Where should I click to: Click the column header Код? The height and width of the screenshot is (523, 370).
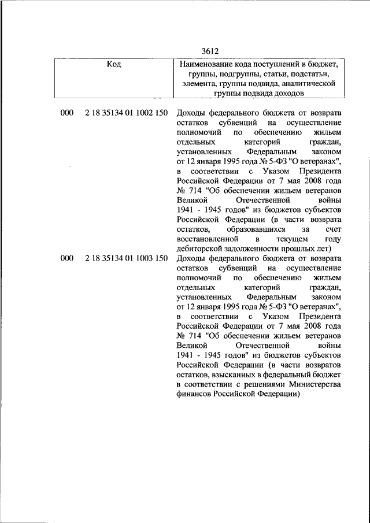(x=114, y=64)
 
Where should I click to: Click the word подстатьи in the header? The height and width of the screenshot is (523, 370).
(x=307, y=73)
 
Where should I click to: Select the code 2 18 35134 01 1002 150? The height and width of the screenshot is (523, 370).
(x=126, y=113)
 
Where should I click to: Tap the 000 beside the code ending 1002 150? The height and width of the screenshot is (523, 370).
(x=66, y=113)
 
